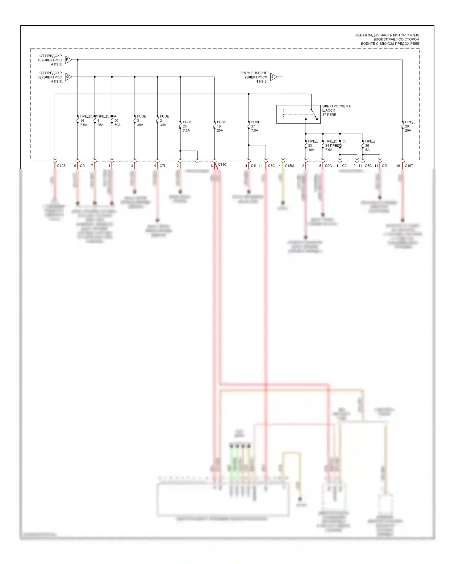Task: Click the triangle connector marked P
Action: click(68, 60)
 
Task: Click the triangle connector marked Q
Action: click(68, 77)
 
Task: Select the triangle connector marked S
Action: click(273, 77)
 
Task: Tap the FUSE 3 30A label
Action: click(141, 121)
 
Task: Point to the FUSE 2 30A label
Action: click(164, 121)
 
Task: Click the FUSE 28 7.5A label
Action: click(187, 126)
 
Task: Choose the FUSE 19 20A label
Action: click(221, 126)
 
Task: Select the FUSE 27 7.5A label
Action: click(255, 126)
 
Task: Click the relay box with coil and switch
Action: click(298, 114)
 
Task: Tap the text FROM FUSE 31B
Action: click(254, 73)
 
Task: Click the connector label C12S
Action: click(61, 166)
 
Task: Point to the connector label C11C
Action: click(222, 165)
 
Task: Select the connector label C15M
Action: click(289, 166)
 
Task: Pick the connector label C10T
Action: click(409, 166)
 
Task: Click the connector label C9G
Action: click(328, 166)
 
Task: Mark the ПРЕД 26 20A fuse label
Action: click(409, 126)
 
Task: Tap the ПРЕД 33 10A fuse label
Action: click(312, 146)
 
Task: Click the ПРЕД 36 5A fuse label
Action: click(369, 146)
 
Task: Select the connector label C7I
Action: click(162, 166)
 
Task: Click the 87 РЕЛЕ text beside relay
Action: click(329, 115)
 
